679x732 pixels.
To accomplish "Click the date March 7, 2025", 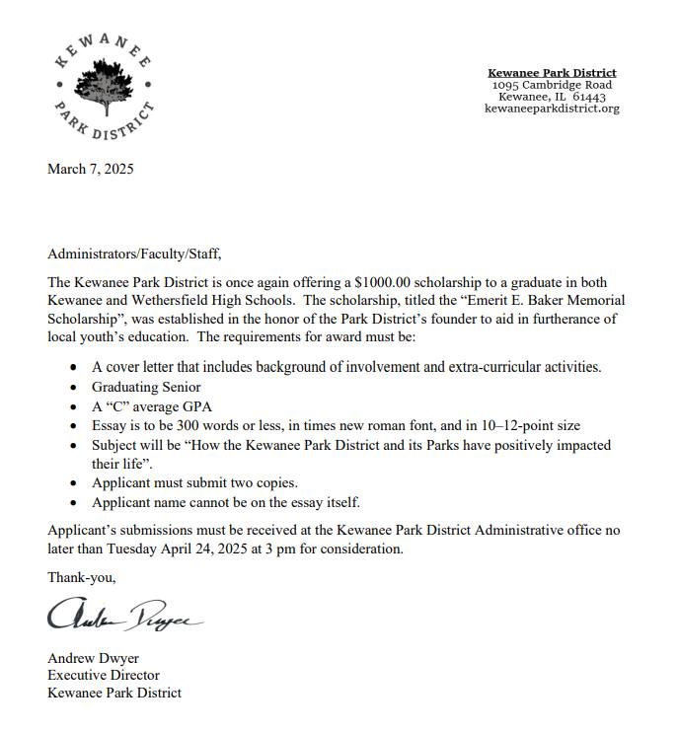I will click(90, 169).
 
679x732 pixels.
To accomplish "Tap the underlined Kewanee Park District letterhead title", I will click(552, 72).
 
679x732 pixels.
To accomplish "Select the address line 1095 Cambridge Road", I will click(552, 85).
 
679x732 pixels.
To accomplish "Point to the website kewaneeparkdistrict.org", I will click(552, 109).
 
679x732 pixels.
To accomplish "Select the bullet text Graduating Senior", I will click(146, 387).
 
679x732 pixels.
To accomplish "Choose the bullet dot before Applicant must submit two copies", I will click(75, 483).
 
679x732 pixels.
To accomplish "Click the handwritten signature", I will click(123, 617).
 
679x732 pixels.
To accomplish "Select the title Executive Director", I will click(104, 675).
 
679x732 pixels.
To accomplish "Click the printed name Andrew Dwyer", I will click(95, 657).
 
